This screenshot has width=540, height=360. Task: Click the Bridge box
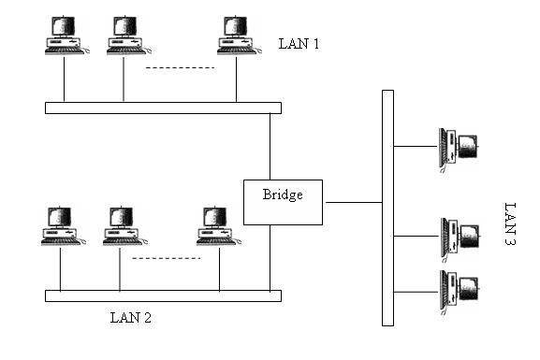click(283, 202)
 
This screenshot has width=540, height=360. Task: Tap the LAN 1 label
click(299, 44)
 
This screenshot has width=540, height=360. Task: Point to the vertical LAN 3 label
click(510, 223)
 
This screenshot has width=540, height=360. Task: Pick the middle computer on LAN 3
click(459, 237)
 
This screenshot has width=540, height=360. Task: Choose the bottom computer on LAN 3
click(459, 290)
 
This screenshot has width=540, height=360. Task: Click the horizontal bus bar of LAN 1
click(163, 108)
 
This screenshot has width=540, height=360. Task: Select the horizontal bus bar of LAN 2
click(163, 295)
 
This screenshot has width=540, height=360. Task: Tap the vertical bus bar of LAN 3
click(387, 207)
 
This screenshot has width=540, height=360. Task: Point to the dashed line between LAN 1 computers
click(180, 67)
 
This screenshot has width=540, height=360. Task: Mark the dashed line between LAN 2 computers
click(166, 258)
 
